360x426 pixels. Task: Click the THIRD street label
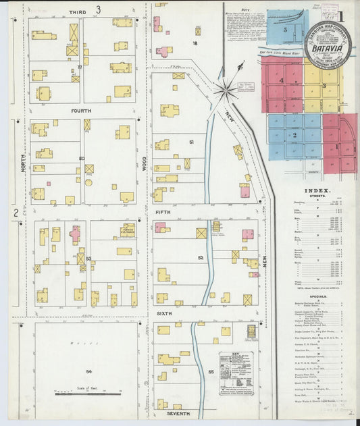click(x=77, y=11)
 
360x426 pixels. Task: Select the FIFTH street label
click(x=163, y=212)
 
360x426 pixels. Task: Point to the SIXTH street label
click(x=165, y=314)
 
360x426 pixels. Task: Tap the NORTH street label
click(x=23, y=162)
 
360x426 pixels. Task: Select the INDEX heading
click(x=313, y=191)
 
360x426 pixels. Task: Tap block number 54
click(x=88, y=371)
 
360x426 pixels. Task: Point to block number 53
click(x=88, y=259)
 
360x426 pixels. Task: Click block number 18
click(x=195, y=43)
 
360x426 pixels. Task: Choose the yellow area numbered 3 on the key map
click(x=324, y=86)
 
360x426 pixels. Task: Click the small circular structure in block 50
click(x=88, y=182)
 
